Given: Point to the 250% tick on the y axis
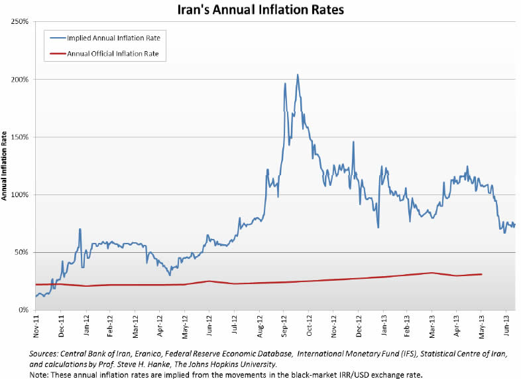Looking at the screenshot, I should (19, 22).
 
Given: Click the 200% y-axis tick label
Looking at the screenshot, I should (19, 80).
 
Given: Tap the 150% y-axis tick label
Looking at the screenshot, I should (19, 137).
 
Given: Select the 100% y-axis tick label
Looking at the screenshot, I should (19, 195).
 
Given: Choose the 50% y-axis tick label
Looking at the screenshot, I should (20, 253).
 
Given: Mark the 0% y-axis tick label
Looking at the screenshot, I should (22, 310).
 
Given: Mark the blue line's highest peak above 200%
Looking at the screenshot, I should (298, 74).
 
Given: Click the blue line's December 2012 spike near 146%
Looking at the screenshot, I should (353, 142).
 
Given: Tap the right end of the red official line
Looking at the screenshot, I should (481, 274).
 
